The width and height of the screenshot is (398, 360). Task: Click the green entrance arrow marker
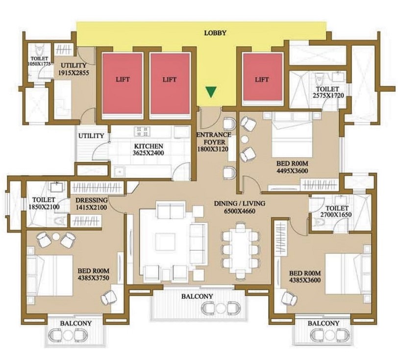[211, 92]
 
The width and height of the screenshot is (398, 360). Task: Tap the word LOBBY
[215, 33]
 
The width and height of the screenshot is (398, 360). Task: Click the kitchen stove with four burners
[143, 131]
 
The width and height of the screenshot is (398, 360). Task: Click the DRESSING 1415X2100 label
[91, 204]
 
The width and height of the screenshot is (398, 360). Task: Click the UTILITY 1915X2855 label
[73, 69]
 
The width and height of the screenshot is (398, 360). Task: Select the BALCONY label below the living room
[197, 296]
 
